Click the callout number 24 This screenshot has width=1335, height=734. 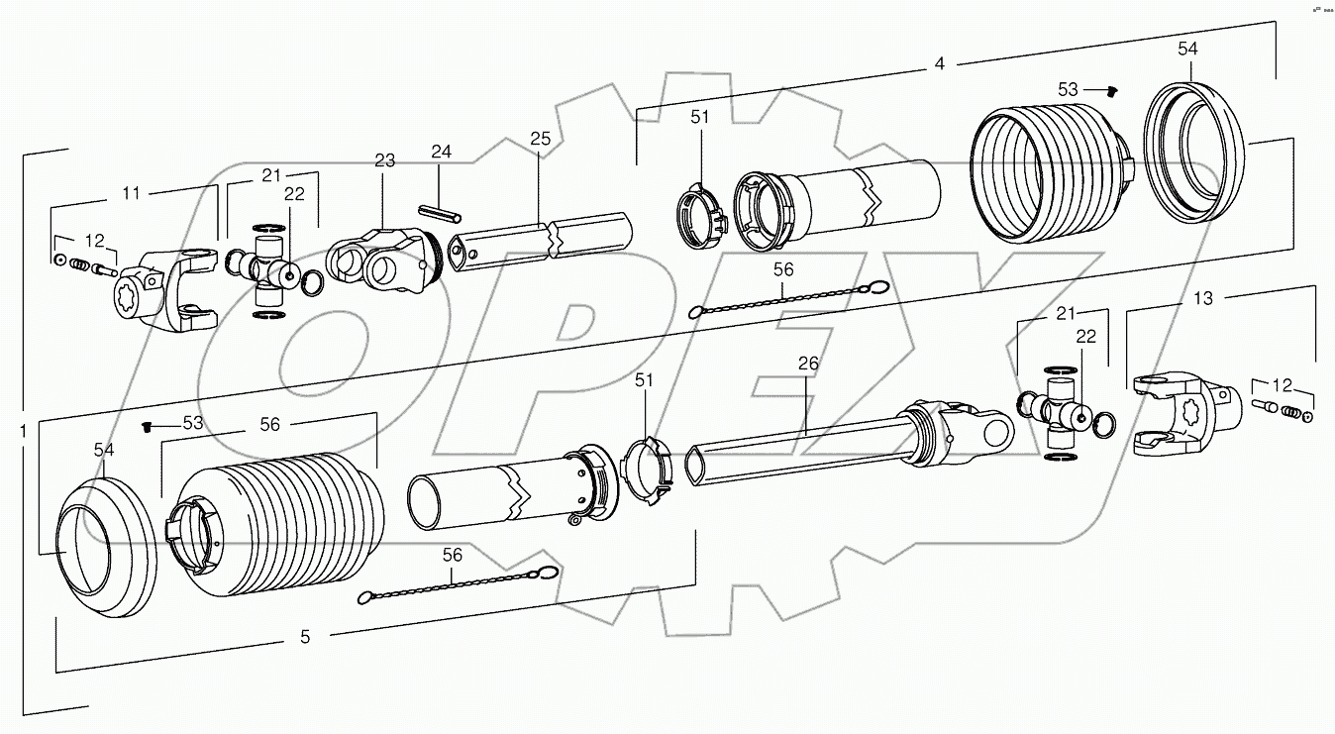click(x=441, y=152)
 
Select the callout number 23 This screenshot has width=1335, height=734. click(x=385, y=160)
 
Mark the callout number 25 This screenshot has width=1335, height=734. click(x=539, y=138)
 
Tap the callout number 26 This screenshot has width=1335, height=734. click(x=808, y=364)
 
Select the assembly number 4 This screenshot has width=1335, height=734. click(x=939, y=63)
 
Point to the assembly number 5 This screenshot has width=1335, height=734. click(x=305, y=637)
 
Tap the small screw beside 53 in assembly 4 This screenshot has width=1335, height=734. click(x=1111, y=91)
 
